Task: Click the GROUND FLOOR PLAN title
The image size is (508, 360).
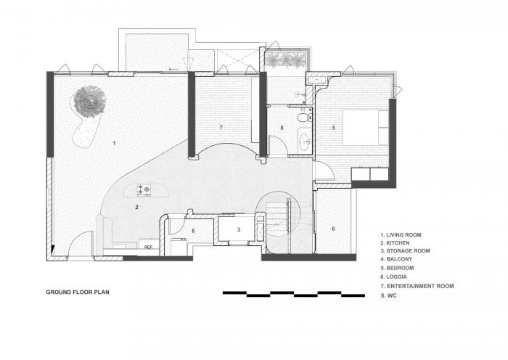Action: point(78,292)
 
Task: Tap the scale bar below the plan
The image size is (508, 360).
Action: point(294,294)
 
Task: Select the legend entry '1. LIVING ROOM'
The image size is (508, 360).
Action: point(401,235)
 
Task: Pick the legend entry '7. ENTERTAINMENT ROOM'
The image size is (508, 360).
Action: point(417,286)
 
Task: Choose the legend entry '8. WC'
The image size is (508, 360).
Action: point(388,295)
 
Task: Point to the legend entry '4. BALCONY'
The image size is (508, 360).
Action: point(396,259)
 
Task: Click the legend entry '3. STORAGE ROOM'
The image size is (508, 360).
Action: point(405,251)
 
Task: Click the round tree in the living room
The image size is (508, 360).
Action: point(90,102)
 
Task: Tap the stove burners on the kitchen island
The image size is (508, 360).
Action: point(144,189)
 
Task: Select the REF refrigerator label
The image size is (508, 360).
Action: point(148,247)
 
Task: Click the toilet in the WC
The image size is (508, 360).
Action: point(304,117)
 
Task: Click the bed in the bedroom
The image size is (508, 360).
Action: point(366,127)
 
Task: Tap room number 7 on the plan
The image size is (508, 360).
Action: point(221,127)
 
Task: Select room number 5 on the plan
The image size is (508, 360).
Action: point(334,127)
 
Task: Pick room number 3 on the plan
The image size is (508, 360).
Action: point(239,230)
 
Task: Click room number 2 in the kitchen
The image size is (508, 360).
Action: point(136,207)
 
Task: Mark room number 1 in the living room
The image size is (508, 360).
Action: point(114,143)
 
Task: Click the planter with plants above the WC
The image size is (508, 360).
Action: point(285,60)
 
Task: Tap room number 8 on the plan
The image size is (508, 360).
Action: point(282,128)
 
